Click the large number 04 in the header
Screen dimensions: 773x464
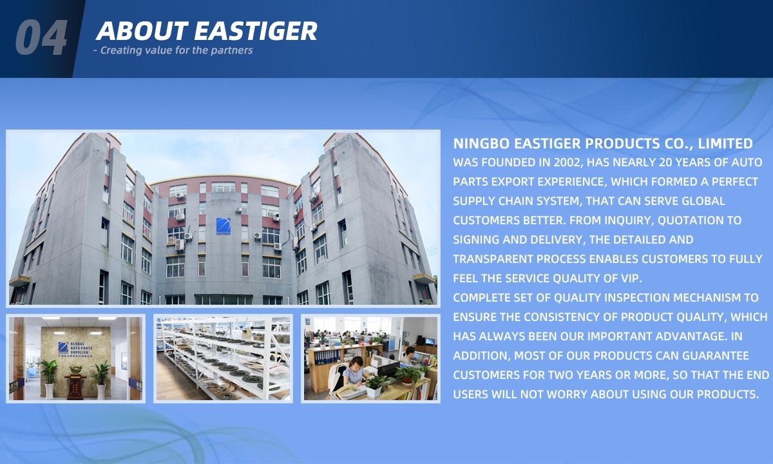point(41,37)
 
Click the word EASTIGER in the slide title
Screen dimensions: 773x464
point(256,31)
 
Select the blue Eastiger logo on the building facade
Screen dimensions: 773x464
point(224,226)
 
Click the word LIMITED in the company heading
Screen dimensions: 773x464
point(725,144)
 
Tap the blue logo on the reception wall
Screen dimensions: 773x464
point(63,347)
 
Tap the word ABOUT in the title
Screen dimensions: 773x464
point(142,31)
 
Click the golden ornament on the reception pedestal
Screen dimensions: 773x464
point(75,369)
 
